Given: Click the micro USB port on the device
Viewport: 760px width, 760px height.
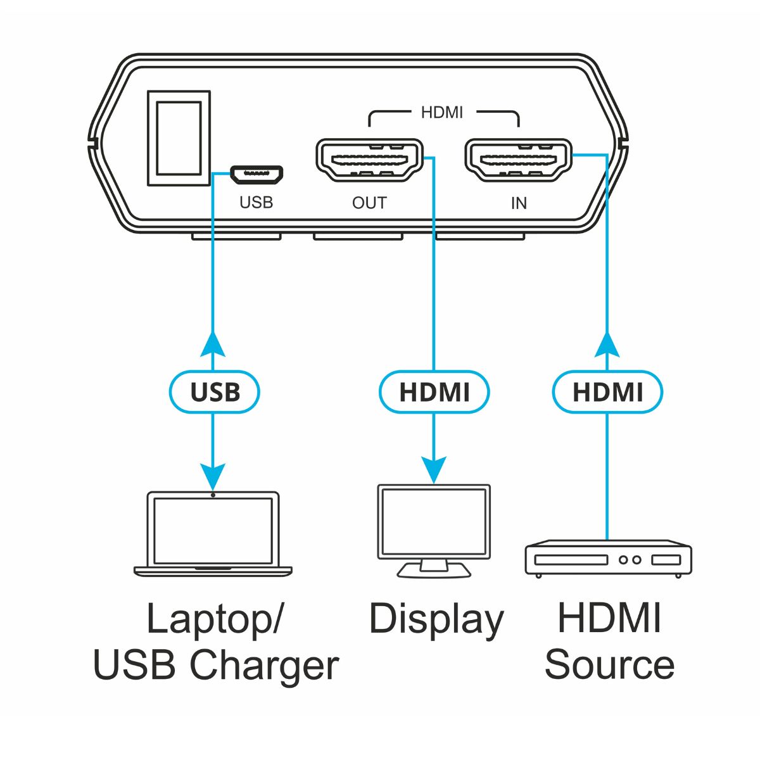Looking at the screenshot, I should click(x=256, y=173).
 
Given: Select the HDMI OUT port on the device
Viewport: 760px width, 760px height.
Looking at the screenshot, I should click(x=370, y=161).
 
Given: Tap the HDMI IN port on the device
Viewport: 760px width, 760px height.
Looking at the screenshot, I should click(x=519, y=161).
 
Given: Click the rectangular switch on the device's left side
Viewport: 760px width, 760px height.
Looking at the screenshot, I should click(x=179, y=138).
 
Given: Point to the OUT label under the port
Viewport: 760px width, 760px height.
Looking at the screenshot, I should click(x=369, y=203).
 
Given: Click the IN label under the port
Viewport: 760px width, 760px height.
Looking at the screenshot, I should click(x=519, y=203).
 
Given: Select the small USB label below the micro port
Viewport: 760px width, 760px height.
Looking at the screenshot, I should click(x=256, y=203).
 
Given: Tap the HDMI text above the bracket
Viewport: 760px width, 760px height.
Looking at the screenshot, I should click(x=442, y=112).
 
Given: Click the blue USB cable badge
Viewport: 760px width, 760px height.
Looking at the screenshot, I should click(x=215, y=392).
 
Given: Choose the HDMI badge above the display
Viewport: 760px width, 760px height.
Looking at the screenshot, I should click(x=434, y=392).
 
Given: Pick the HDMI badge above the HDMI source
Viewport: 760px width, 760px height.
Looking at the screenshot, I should click(x=607, y=392).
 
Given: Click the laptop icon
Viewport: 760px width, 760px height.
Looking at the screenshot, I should click(x=213, y=534).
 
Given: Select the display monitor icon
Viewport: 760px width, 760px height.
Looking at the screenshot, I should click(x=434, y=531).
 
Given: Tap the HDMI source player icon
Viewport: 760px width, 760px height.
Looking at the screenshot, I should click(x=607, y=558).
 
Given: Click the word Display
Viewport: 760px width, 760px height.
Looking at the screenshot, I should click(x=436, y=620).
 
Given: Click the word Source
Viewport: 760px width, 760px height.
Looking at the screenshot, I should click(x=609, y=665).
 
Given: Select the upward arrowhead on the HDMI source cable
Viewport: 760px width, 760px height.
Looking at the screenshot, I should click(x=607, y=344).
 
